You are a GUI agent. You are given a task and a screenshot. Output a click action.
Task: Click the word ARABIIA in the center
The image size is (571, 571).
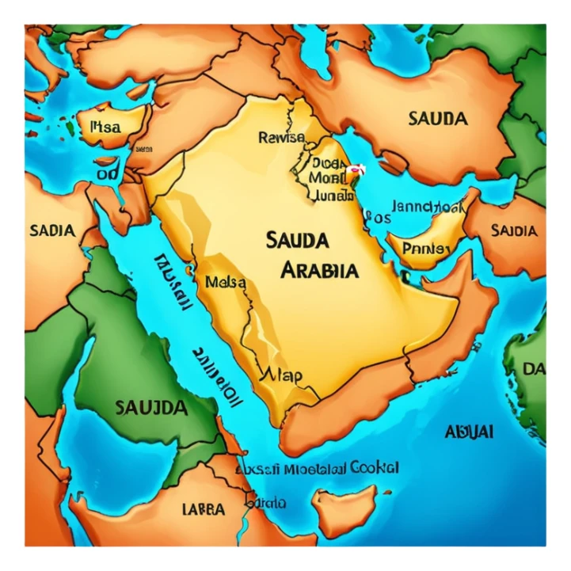(320, 270)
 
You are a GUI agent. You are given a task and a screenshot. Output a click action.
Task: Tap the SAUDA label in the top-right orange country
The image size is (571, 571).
(438, 119)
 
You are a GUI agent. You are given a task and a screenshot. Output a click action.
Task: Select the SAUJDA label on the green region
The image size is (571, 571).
(151, 408)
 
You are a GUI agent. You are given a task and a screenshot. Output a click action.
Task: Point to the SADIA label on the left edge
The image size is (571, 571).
(52, 231)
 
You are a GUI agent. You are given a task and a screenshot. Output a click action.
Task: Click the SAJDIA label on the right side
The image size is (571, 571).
(514, 230)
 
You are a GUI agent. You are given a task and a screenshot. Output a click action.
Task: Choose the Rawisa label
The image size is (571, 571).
(282, 137)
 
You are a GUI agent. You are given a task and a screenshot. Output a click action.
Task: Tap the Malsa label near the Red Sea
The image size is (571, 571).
(225, 282)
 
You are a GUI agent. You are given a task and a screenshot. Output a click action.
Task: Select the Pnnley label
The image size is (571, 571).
(426, 249)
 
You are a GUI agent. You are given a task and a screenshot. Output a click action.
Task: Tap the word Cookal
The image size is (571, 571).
(374, 467)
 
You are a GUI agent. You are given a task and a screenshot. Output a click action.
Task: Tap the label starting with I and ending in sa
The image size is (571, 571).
(106, 126)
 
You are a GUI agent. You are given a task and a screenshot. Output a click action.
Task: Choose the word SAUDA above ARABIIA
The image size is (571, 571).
(298, 239)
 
